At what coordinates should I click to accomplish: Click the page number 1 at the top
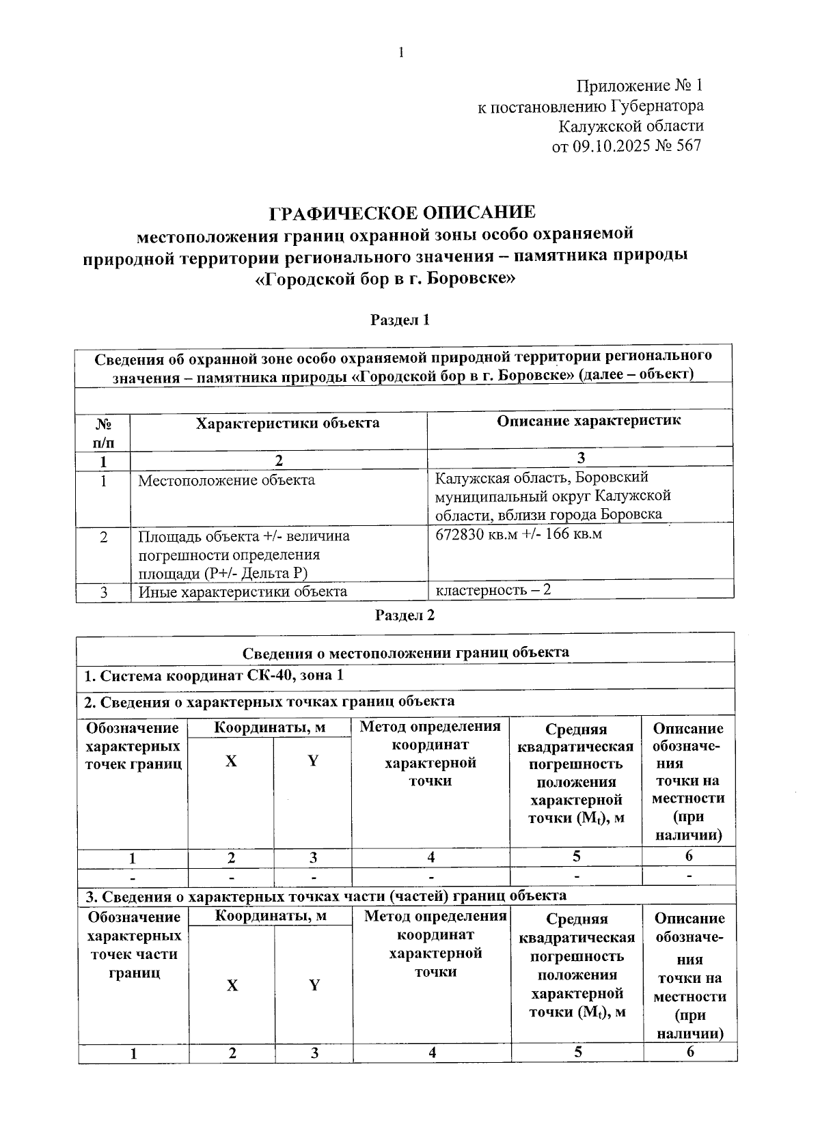click(x=402, y=53)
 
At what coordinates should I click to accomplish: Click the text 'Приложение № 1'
click(x=640, y=86)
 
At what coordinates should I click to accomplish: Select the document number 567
click(x=688, y=145)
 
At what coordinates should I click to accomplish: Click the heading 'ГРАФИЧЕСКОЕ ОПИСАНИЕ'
click(x=402, y=212)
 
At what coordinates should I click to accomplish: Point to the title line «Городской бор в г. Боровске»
click(x=385, y=279)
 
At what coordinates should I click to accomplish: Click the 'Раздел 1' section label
click(x=400, y=320)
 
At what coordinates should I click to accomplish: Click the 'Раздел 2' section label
click(x=405, y=615)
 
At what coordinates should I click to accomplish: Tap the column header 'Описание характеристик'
click(x=588, y=421)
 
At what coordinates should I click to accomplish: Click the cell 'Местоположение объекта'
click(x=226, y=480)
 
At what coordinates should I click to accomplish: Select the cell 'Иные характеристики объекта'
click(x=243, y=592)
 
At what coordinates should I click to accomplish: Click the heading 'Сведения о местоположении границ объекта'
click(x=405, y=652)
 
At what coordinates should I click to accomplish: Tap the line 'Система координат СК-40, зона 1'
click(x=213, y=676)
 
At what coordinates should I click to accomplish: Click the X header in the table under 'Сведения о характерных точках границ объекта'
click(x=231, y=761)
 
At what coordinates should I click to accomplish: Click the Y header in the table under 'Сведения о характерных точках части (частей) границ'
click(x=314, y=984)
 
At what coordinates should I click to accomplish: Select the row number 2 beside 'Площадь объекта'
click(x=103, y=537)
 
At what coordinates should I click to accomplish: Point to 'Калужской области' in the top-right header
click(x=631, y=126)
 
